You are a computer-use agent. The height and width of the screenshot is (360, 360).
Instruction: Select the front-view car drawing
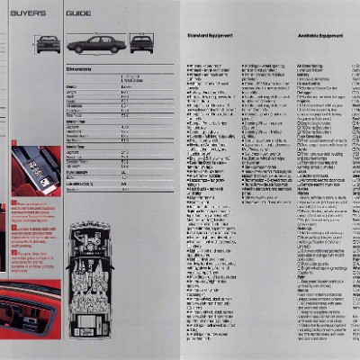[x=46, y=42]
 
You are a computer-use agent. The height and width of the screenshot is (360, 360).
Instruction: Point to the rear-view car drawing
[x=140, y=42]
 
